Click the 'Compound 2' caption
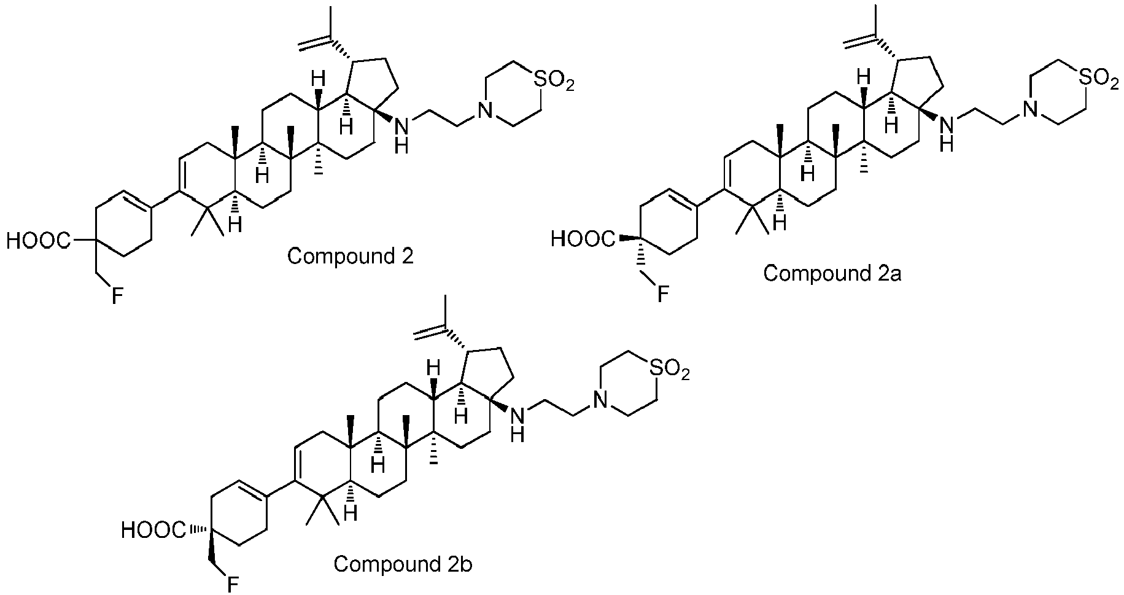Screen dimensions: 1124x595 coord(351,255)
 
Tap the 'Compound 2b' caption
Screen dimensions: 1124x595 coord(403,563)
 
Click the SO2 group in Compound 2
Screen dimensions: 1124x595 coord(554,79)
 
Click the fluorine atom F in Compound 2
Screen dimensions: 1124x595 coord(117,297)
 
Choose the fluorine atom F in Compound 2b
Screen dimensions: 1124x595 coord(233,585)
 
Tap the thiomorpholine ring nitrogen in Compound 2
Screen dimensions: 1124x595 coord(486,110)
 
